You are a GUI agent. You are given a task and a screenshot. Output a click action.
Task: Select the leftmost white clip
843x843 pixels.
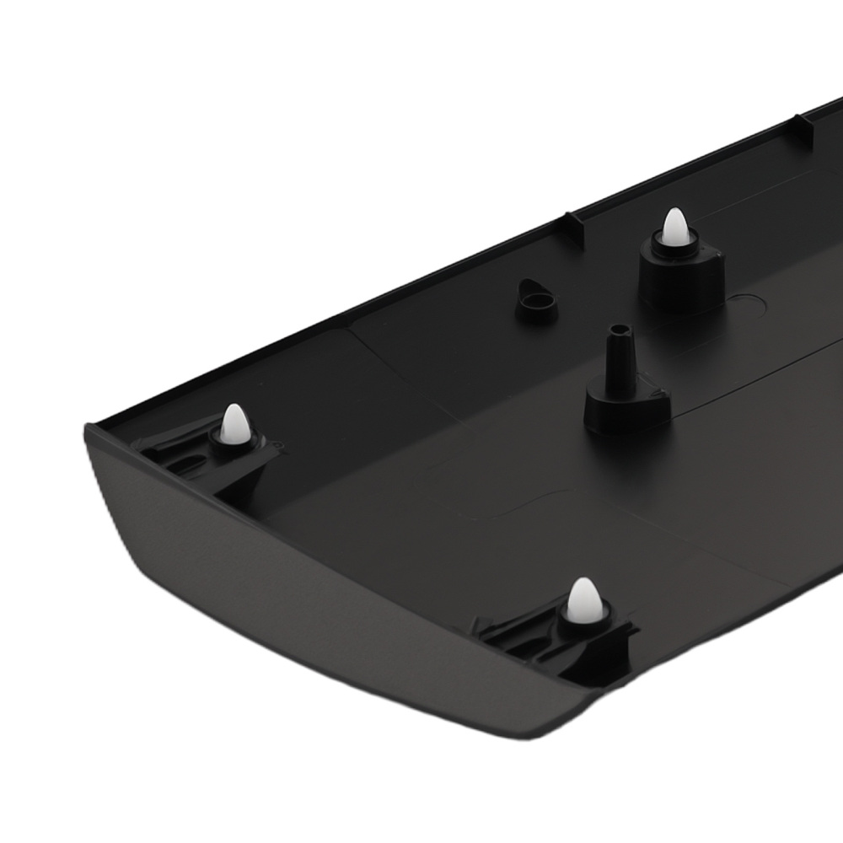click(234, 423)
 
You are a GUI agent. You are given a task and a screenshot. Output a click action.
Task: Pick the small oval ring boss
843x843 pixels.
click(536, 299)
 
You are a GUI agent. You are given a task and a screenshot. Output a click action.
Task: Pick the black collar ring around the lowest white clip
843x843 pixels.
click(584, 622)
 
